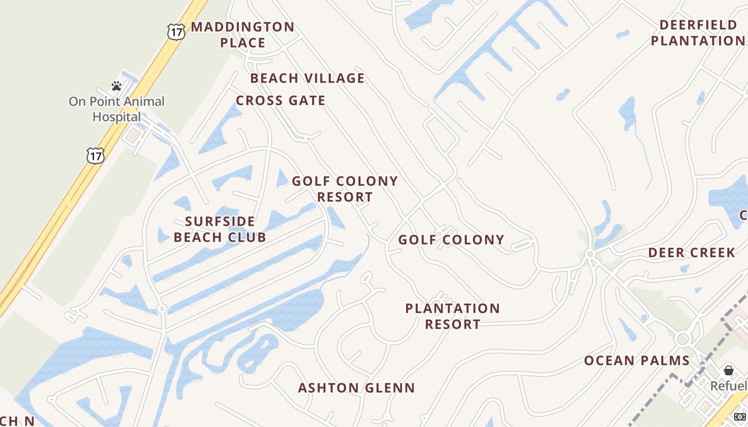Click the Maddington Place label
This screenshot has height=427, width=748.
243,35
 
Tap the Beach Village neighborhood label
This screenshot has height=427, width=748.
307,78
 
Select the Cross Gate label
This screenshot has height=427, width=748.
280,100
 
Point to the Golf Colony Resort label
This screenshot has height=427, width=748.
345,189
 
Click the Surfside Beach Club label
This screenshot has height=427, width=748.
220,229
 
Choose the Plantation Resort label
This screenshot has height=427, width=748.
453,316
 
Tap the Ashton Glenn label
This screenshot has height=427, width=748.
356,388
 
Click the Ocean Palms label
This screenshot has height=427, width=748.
637,361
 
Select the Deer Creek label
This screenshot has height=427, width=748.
692,252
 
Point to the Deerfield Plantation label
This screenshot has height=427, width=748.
697,33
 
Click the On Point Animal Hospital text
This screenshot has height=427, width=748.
116,109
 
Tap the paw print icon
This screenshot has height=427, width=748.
116,85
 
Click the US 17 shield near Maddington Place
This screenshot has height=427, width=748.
176,31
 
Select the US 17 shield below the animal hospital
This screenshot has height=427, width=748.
95,156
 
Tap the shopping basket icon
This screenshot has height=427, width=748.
729,370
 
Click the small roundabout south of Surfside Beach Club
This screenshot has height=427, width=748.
162,309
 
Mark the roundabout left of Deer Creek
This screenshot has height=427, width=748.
590,255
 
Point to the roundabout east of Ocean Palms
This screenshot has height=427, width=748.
682,338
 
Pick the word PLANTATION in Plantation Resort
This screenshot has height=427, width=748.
453,309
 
